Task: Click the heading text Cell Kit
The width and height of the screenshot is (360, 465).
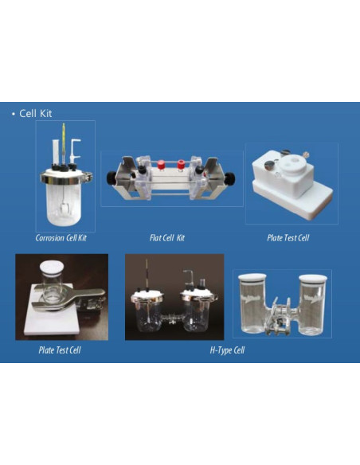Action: tap(36, 113)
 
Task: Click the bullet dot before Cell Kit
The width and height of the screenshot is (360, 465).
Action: tap(13, 114)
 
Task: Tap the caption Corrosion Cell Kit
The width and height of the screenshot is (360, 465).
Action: tap(61, 238)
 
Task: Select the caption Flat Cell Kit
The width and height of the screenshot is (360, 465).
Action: tap(167, 238)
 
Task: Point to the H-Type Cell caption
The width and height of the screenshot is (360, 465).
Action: tap(227, 350)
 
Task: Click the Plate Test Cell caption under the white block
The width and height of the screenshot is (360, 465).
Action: tap(288, 238)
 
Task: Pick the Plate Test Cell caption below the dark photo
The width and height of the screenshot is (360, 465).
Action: tap(60, 350)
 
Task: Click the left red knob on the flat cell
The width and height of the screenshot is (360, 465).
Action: tap(161, 165)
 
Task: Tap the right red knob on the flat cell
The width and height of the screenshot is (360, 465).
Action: tap(181, 165)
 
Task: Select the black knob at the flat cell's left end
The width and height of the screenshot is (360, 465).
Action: tap(112, 178)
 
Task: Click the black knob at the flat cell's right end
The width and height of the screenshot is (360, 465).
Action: tap(230, 178)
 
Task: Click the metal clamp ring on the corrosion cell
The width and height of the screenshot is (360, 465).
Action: tap(66, 178)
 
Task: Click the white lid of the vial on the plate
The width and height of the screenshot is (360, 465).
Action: tap(52, 266)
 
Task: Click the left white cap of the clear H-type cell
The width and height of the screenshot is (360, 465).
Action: tap(252, 278)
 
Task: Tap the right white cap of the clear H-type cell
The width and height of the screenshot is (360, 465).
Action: tap(313, 279)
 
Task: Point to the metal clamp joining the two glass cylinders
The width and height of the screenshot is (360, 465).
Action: tap(280, 318)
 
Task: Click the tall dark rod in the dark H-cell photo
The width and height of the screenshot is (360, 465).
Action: tap(147, 275)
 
